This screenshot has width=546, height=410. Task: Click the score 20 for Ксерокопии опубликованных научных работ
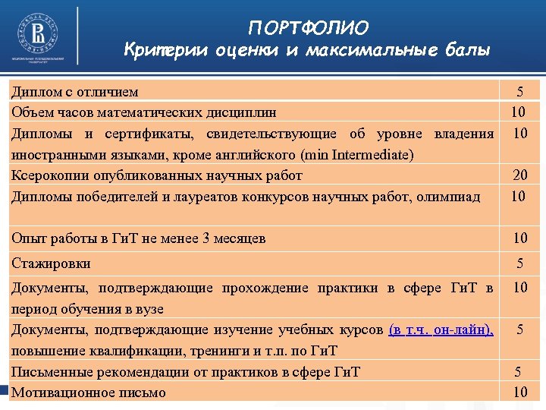[x=519, y=175]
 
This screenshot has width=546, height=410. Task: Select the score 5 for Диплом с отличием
[x=519, y=92]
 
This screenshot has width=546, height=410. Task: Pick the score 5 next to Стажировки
[x=519, y=263]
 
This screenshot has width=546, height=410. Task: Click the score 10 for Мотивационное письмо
[x=519, y=393]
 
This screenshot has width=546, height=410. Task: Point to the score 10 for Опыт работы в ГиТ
[x=519, y=238]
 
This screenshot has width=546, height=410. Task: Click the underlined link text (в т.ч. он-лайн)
[x=441, y=330]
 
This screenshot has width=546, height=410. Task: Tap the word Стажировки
[x=51, y=263]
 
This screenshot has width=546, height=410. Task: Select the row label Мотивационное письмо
[x=88, y=393]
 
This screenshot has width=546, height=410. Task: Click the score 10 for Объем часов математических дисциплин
[x=519, y=112]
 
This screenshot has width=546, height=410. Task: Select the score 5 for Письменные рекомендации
[x=519, y=372]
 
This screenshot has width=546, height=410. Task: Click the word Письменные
[x=46, y=372]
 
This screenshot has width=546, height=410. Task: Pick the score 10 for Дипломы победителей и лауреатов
[x=519, y=197]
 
